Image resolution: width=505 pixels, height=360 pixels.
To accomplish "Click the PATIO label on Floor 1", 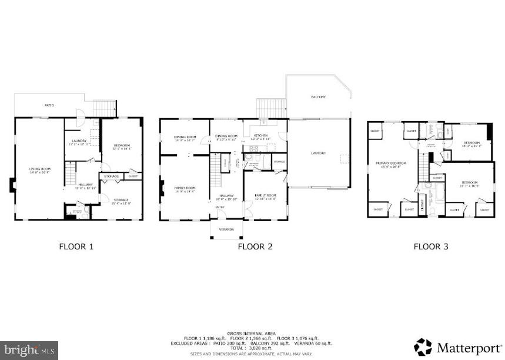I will pyautogui.click(x=49, y=105).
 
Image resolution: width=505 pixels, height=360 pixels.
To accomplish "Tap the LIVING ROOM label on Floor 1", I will pyautogui.click(x=39, y=170).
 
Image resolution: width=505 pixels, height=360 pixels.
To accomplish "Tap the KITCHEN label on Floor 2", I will pyautogui.click(x=260, y=136).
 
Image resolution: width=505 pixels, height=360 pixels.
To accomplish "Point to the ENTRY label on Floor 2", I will pyautogui.click(x=219, y=207).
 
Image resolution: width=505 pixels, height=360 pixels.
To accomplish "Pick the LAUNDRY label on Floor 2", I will pyautogui.click(x=318, y=154).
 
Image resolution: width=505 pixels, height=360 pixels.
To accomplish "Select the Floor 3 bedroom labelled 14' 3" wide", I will pyautogui.click(x=472, y=144).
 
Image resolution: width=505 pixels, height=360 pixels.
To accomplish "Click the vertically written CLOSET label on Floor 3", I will pyautogui.click(x=422, y=204).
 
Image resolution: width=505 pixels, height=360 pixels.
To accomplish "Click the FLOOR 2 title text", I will pyautogui.click(x=255, y=246).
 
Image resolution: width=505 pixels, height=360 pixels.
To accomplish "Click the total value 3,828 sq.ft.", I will pyautogui.click(x=257, y=348).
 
